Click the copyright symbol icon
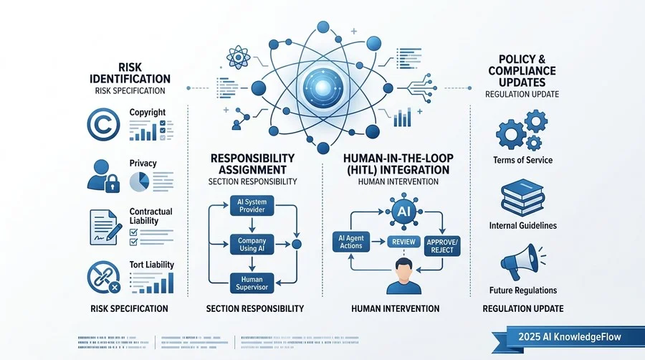pyautogui.click(x=103, y=124)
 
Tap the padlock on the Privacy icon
pyautogui.click(x=113, y=184)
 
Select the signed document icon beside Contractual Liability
pyautogui.click(x=105, y=227)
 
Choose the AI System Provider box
pyautogui.click(x=252, y=206)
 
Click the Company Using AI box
pyautogui.click(x=252, y=245)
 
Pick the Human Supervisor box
pyautogui.click(x=252, y=283)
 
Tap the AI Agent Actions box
pyautogui.click(x=351, y=242)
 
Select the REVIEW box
pyautogui.click(x=403, y=242)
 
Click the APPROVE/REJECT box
pyautogui.click(x=442, y=246)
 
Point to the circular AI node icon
pyautogui.click(x=403, y=212)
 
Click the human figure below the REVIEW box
pyautogui.click(x=404, y=276)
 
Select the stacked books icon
pyautogui.click(x=522, y=197)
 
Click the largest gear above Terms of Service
pyautogui.click(x=511, y=134)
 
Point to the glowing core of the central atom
pyautogui.click(x=323, y=87)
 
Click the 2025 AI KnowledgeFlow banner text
pyautogui.click(x=569, y=337)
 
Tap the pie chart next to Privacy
pyautogui.click(x=139, y=182)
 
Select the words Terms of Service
pyautogui.click(x=522, y=160)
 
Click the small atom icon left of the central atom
pyautogui.click(x=239, y=57)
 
